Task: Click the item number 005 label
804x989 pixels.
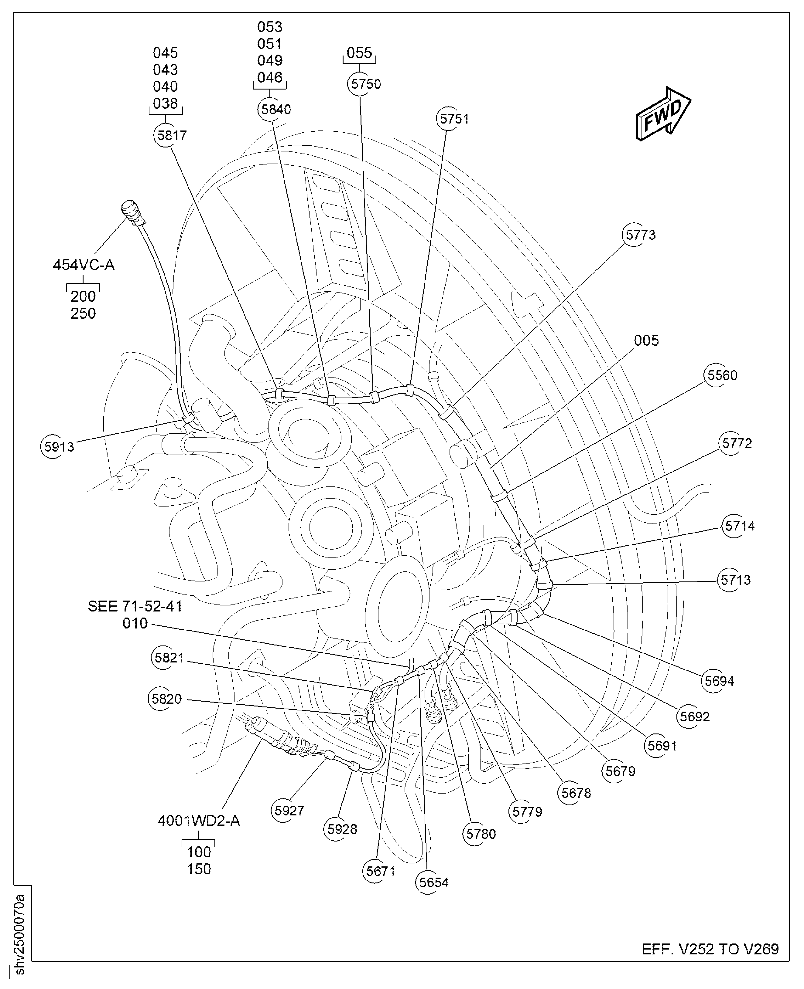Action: (x=646, y=340)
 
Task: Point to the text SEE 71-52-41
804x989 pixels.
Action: (x=135, y=606)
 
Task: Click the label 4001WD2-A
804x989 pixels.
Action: (x=199, y=821)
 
